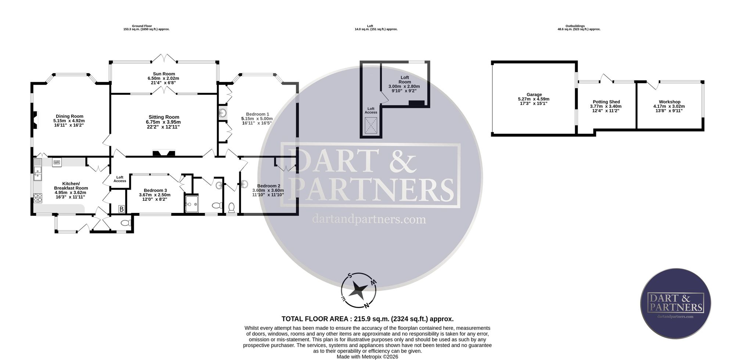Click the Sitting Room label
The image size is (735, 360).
point(164,117)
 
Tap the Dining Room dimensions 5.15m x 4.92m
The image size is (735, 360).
point(69,121)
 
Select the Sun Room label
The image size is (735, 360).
point(164,74)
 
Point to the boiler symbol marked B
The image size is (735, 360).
point(122,209)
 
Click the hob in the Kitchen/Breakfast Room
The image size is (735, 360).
point(38,198)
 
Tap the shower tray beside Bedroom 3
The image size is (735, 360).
point(191,204)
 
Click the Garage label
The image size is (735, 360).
point(534,95)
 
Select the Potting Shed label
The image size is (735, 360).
point(606,102)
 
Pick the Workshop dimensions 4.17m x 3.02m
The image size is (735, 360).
point(669,106)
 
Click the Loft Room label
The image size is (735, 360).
point(405,80)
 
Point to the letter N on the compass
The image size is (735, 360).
point(366,305)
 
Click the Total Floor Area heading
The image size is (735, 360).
point(367,319)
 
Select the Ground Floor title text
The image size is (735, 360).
point(142,26)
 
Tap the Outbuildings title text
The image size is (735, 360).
point(575,26)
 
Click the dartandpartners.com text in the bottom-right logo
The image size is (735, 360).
point(675,317)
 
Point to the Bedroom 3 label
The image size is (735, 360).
point(155,190)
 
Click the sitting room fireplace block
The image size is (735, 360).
point(164,153)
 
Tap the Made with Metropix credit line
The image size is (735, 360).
point(367,357)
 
